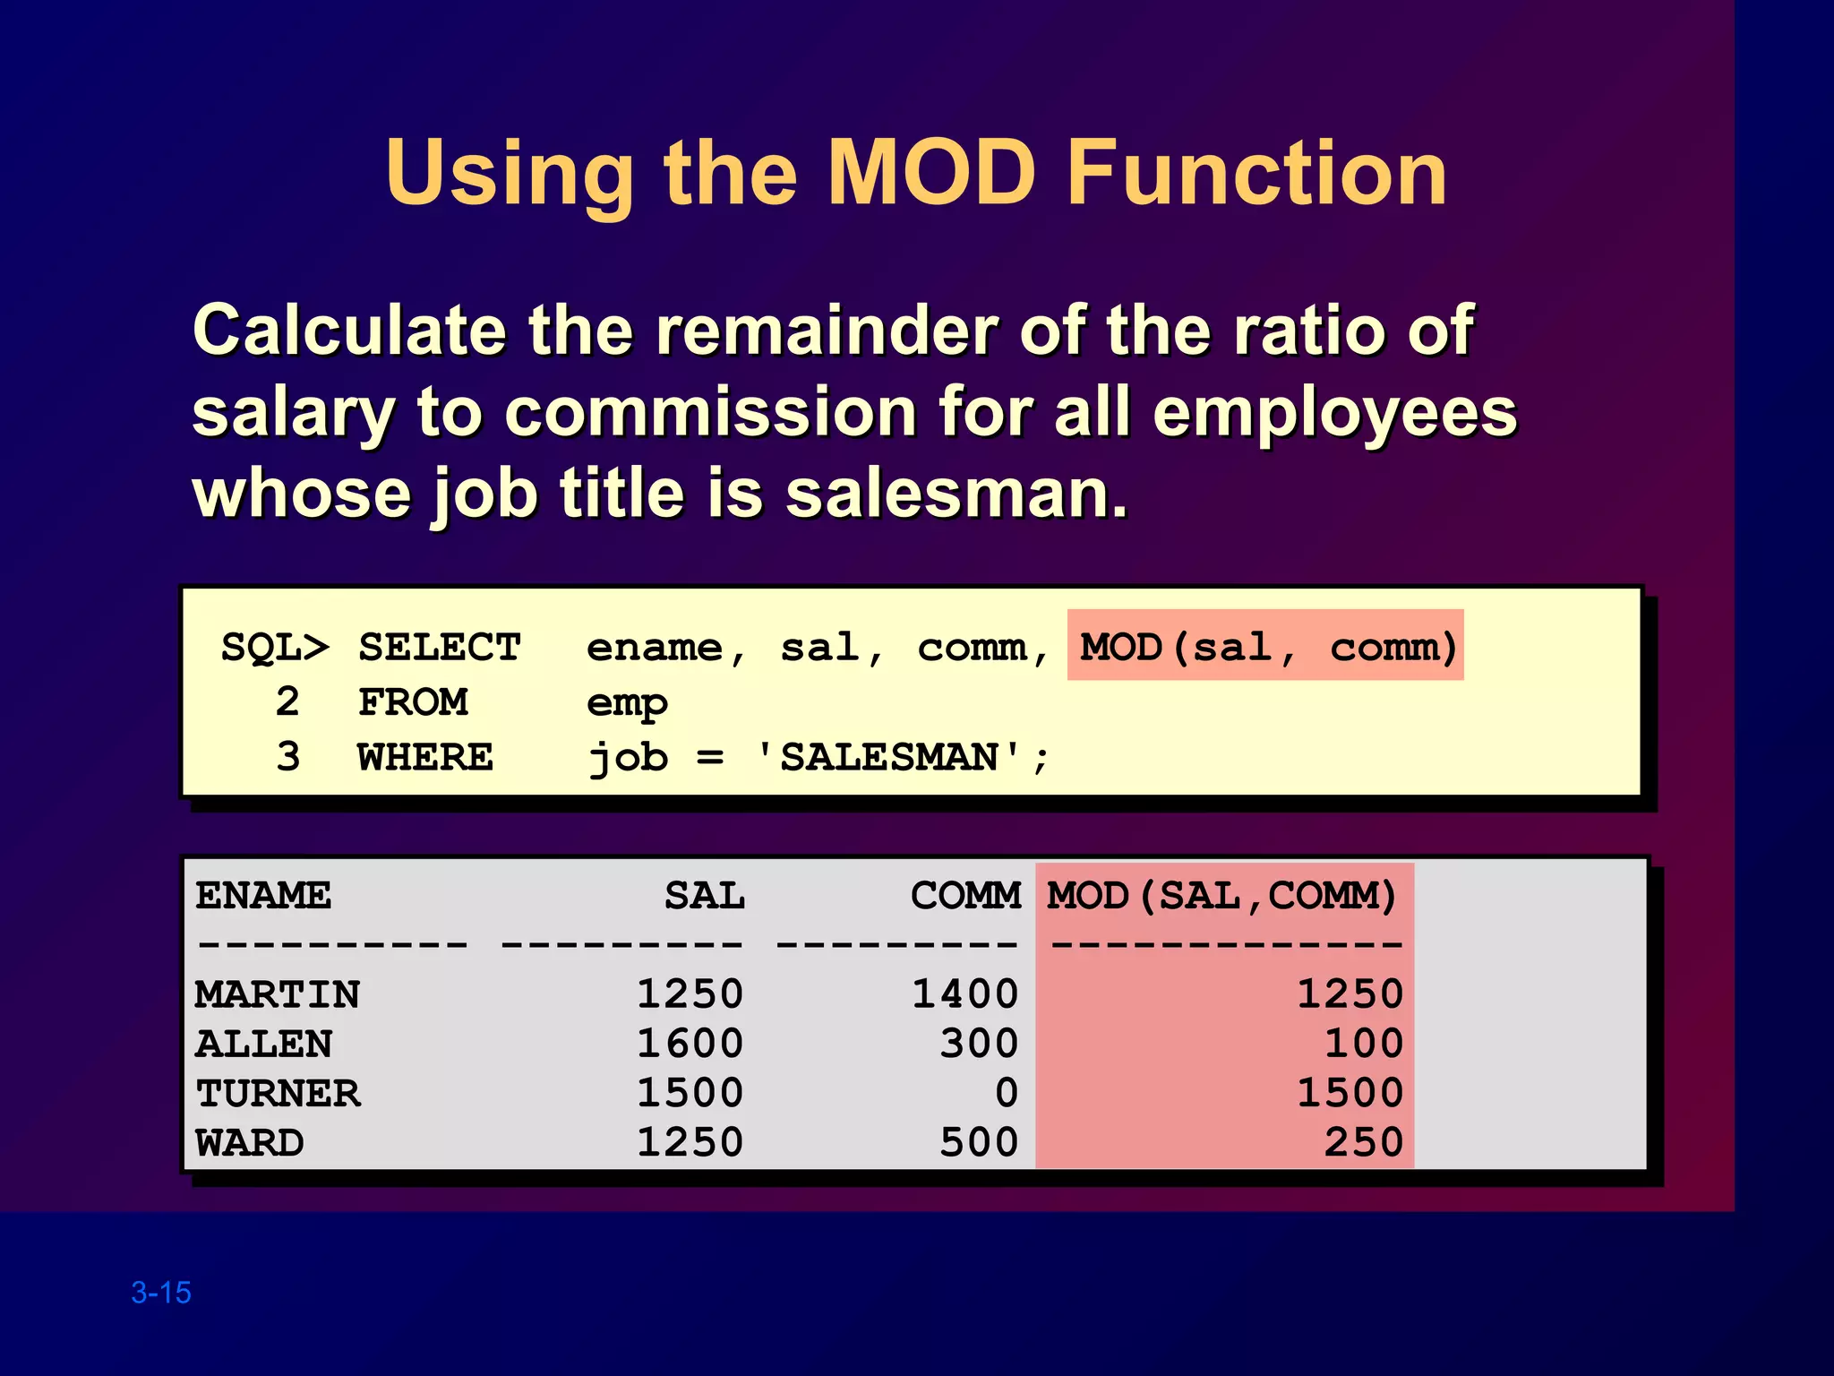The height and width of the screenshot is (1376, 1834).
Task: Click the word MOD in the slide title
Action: pos(932,173)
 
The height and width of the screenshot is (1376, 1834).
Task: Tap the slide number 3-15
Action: pos(161,1293)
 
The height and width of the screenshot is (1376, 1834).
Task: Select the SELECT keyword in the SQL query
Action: pos(439,647)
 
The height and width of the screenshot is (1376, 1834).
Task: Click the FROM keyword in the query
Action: pos(413,702)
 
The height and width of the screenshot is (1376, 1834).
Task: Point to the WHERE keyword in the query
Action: pos(425,758)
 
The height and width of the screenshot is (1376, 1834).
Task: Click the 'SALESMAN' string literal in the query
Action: pos(888,758)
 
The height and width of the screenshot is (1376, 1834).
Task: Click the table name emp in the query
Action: pos(627,704)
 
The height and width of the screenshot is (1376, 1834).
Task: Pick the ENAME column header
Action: pos(263,896)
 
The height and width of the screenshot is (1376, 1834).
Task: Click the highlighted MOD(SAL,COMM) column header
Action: pos(1223,896)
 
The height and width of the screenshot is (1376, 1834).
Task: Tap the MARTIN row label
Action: pos(278,994)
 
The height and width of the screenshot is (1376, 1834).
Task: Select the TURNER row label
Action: pos(278,1094)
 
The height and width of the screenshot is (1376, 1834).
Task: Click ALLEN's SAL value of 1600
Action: pos(690,1044)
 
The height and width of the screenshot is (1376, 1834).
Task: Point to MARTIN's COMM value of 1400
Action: pos(965,994)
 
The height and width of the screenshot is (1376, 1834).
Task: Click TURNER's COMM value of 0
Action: pos(1007,1094)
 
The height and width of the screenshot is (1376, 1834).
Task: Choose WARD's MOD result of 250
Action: pos(1364,1143)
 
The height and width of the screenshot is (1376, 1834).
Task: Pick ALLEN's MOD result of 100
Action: pos(1364,1044)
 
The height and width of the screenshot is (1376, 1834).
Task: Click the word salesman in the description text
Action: pos(956,494)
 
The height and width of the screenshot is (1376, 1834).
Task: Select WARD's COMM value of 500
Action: pos(979,1143)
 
